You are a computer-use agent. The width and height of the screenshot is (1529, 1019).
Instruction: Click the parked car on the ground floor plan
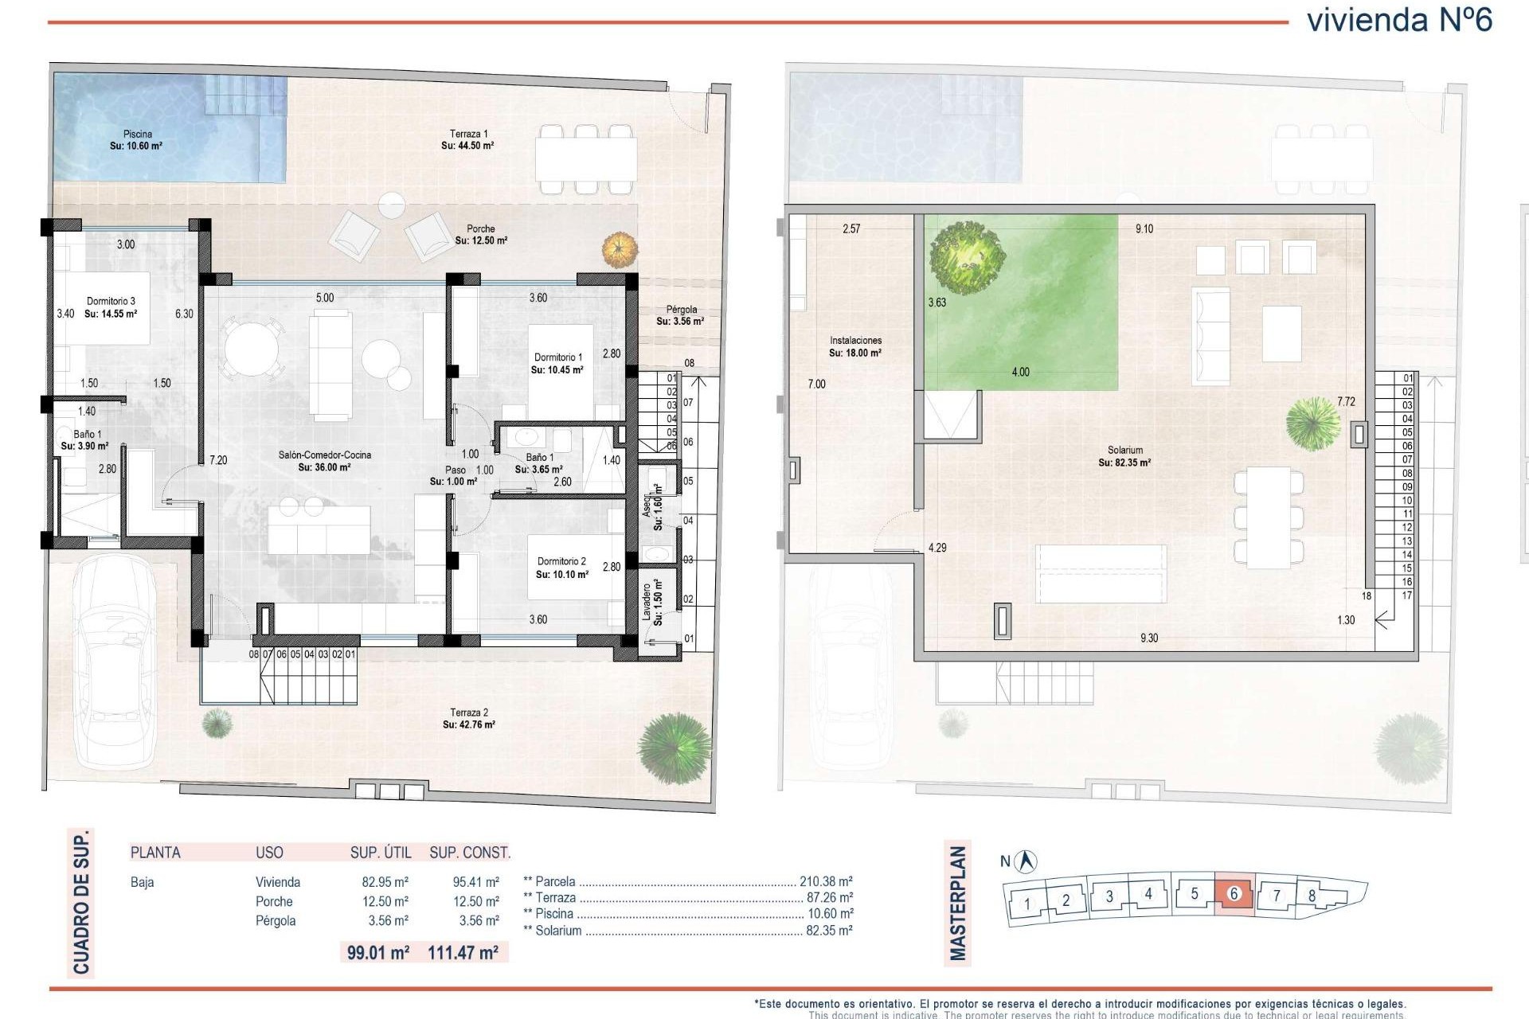coord(115,661)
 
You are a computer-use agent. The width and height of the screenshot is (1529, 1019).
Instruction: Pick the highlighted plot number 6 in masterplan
coord(1234,894)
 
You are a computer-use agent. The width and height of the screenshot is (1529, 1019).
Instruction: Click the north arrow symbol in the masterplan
coord(1027,861)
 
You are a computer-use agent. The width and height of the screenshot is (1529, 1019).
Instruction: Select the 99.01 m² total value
coord(377,952)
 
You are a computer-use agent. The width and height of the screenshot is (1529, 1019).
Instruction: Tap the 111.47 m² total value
coord(463,952)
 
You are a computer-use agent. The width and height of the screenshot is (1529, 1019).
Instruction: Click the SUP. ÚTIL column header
coord(381,853)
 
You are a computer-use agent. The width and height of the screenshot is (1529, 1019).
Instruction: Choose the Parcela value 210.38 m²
coord(826,881)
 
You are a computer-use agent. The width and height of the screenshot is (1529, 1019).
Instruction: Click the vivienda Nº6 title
coord(1399,20)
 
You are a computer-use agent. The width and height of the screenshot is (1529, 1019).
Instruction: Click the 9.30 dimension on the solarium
coord(1148,638)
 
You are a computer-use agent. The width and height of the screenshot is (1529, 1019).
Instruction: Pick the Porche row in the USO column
coord(274,901)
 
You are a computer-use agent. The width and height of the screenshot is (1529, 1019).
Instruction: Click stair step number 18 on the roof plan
coord(1367,595)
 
